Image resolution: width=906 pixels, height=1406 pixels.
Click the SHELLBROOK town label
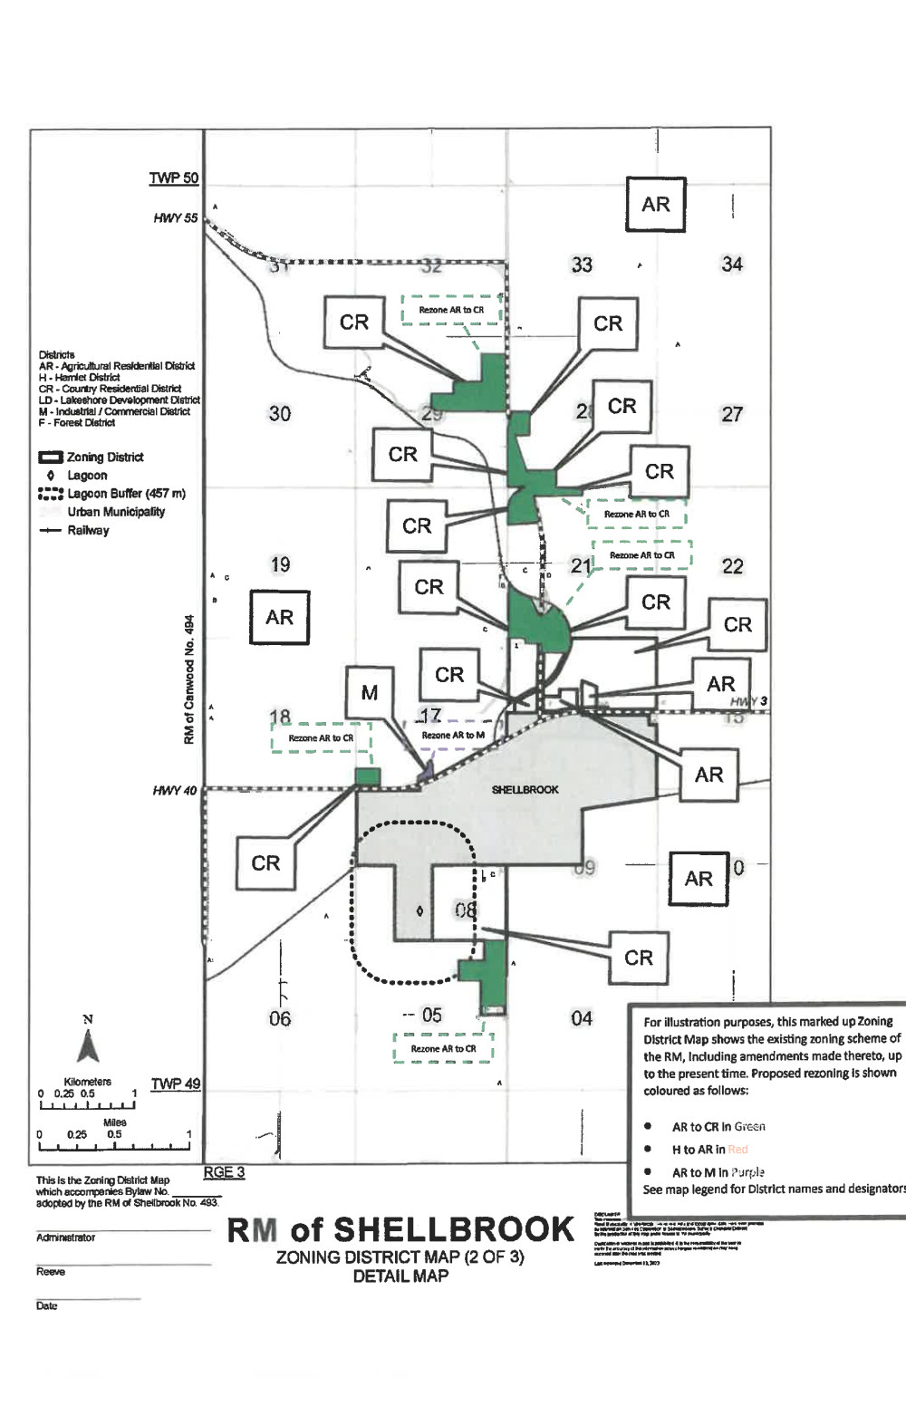[525, 789]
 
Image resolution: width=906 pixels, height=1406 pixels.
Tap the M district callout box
[369, 693]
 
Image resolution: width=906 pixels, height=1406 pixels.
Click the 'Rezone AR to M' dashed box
[452, 735]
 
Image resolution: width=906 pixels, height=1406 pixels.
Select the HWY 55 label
[175, 217]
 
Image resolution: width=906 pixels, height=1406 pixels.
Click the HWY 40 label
[174, 791]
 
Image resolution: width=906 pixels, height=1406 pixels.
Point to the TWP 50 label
[173, 178]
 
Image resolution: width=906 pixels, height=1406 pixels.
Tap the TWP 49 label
[175, 1083]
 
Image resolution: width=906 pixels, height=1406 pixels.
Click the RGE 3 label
[223, 1171]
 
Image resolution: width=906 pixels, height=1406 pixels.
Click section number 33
[582, 265]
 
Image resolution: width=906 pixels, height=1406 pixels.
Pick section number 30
[280, 413]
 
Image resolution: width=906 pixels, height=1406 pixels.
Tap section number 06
[280, 1018]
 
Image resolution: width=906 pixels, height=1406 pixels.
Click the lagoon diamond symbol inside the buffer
[419, 910]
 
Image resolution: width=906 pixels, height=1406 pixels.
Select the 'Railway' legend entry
[88, 530]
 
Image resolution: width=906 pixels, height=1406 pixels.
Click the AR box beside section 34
[655, 205]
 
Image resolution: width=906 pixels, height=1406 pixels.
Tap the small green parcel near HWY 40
[367, 775]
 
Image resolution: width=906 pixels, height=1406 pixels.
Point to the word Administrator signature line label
[65, 1237]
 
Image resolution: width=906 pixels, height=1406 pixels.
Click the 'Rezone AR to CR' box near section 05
[443, 1048]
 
